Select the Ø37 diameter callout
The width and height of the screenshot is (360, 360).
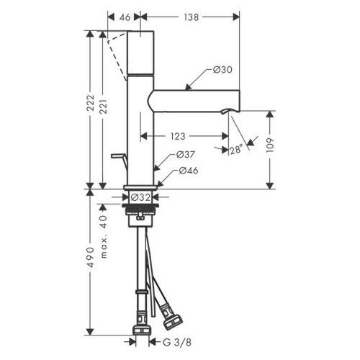186,154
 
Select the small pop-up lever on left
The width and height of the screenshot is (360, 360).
117,156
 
